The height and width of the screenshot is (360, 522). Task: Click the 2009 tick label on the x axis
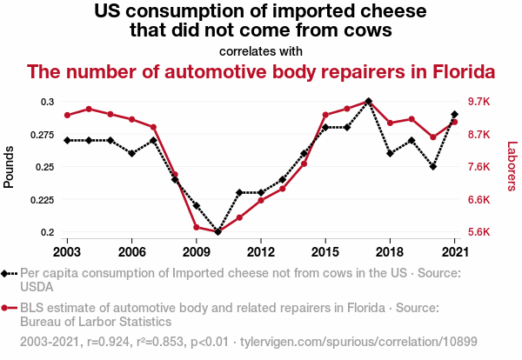click(x=196, y=251)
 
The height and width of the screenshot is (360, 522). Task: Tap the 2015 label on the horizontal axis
click(x=325, y=251)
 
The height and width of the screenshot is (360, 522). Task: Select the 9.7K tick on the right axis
click(x=480, y=102)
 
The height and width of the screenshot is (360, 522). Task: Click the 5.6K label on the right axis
click(x=480, y=232)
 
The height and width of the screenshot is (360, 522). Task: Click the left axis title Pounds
click(x=10, y=166)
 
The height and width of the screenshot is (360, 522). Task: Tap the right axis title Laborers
click(x=512, y=166)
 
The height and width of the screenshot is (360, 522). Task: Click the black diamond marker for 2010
click(x=217, y=232)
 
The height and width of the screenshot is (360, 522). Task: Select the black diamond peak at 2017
click(x=369, y=101)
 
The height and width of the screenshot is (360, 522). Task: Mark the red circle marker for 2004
click(x=89, y=109)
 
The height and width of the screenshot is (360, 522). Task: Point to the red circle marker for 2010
click(x=217, y=230)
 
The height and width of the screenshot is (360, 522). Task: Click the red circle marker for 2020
click(x=433, y=137)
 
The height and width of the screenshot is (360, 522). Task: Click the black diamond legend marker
click(x=9, y=273)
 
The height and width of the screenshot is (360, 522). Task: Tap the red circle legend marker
click(x=9, y=308)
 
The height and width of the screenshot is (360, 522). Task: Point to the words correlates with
click(x=260, y=51)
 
